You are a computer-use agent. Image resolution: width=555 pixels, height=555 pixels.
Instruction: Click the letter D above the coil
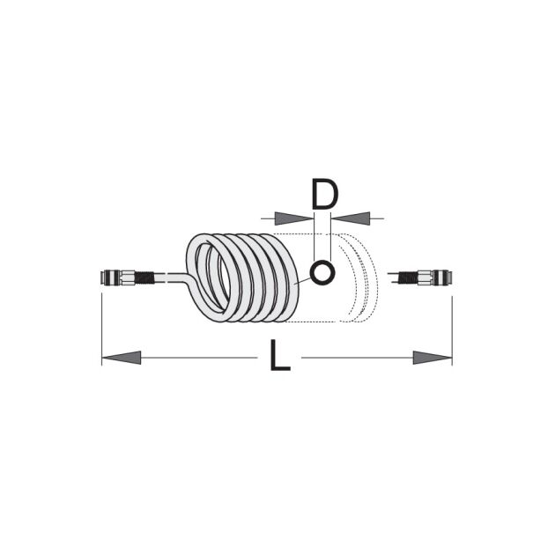coord(324,195)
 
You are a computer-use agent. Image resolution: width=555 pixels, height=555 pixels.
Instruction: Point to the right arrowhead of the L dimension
coord(433,358)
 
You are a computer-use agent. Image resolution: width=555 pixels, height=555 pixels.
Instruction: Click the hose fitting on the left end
coord(119,278)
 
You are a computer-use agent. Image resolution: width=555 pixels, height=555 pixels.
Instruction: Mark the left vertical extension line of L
coord(102,326)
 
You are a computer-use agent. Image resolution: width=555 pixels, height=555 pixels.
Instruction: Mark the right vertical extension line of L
coord(452,326)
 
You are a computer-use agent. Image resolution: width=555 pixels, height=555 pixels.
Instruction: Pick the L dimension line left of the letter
coord(203,358)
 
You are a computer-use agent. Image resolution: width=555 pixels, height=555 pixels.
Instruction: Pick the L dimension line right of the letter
coord(352,358)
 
